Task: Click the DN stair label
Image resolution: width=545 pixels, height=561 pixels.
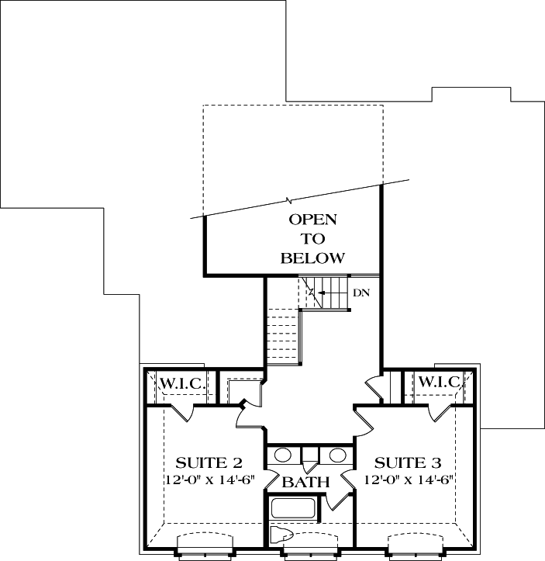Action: (x=360, y=293)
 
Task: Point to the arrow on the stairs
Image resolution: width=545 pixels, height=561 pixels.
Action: (x=317, y=293)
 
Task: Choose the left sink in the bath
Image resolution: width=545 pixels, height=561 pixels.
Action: (x=283, y=455)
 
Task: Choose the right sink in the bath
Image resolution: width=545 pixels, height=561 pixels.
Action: (x=337, y=455)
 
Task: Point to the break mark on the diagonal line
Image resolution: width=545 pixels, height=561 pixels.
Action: (x=290, y=199)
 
